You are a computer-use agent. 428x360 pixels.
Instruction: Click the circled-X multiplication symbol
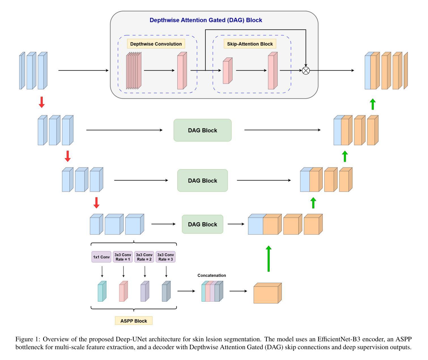coord(306,71)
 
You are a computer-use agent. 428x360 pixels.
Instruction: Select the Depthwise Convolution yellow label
coord(156,44)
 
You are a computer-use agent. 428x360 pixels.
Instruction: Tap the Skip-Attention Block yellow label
coord(250,44)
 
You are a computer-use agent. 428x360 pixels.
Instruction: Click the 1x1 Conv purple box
coord(101,257)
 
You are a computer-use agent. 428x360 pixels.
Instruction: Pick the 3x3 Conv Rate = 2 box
coord(144,257)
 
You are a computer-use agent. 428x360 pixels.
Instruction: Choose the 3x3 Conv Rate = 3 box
coord(165,257)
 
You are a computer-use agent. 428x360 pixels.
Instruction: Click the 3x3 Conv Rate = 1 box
coord(123,257)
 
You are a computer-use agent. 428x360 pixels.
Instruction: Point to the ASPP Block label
coord(134,321)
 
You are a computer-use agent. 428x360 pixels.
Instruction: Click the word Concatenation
coord(212,275)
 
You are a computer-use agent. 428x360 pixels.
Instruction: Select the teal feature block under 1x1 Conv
coord(102,291)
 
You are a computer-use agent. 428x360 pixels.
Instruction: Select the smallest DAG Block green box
coord(203,224)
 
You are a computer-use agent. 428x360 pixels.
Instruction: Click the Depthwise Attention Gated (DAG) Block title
coord(206,20)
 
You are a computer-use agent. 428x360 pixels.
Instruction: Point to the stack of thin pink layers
coord(133,71)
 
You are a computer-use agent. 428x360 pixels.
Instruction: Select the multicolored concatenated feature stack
coord(212,291)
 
